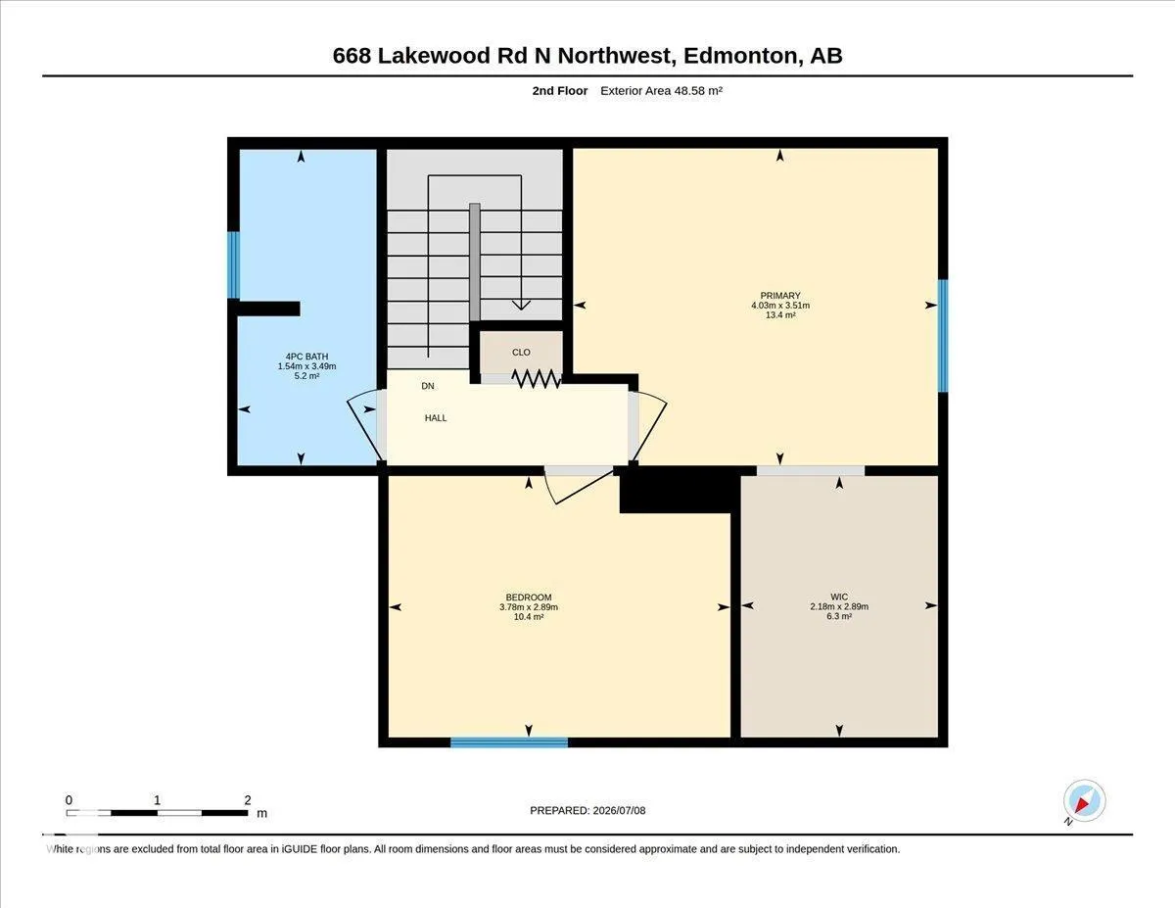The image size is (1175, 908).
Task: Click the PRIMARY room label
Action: coord(779,295)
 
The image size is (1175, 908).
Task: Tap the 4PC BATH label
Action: coord(306,357)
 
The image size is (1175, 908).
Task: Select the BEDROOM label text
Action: coord(529,597)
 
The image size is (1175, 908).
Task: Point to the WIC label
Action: coord(839,597)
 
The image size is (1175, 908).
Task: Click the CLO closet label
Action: coord(521,352)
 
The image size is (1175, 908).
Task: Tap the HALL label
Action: coord(436,418)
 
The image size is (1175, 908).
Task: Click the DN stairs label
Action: coord(428,386)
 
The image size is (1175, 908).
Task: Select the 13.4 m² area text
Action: coord(779,314)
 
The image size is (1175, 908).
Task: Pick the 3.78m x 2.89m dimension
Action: coord(529,606)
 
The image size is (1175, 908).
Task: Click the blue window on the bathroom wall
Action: coord(233,265)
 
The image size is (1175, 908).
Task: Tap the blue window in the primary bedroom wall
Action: coord(943,335)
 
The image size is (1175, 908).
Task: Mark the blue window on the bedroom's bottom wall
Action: coord(509,742)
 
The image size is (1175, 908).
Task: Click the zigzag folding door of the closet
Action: coord(536,379)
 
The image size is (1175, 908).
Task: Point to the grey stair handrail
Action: coord(474,262)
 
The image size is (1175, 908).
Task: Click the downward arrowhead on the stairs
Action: coord(521,306)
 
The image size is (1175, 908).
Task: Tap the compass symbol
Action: coord(1084,801)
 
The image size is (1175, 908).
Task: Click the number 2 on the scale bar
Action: coord(247,800)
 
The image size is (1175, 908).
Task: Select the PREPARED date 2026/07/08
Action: coord(619,810)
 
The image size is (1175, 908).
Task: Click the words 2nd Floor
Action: coord(560,91)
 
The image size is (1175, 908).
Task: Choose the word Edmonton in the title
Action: coord(741,56)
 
